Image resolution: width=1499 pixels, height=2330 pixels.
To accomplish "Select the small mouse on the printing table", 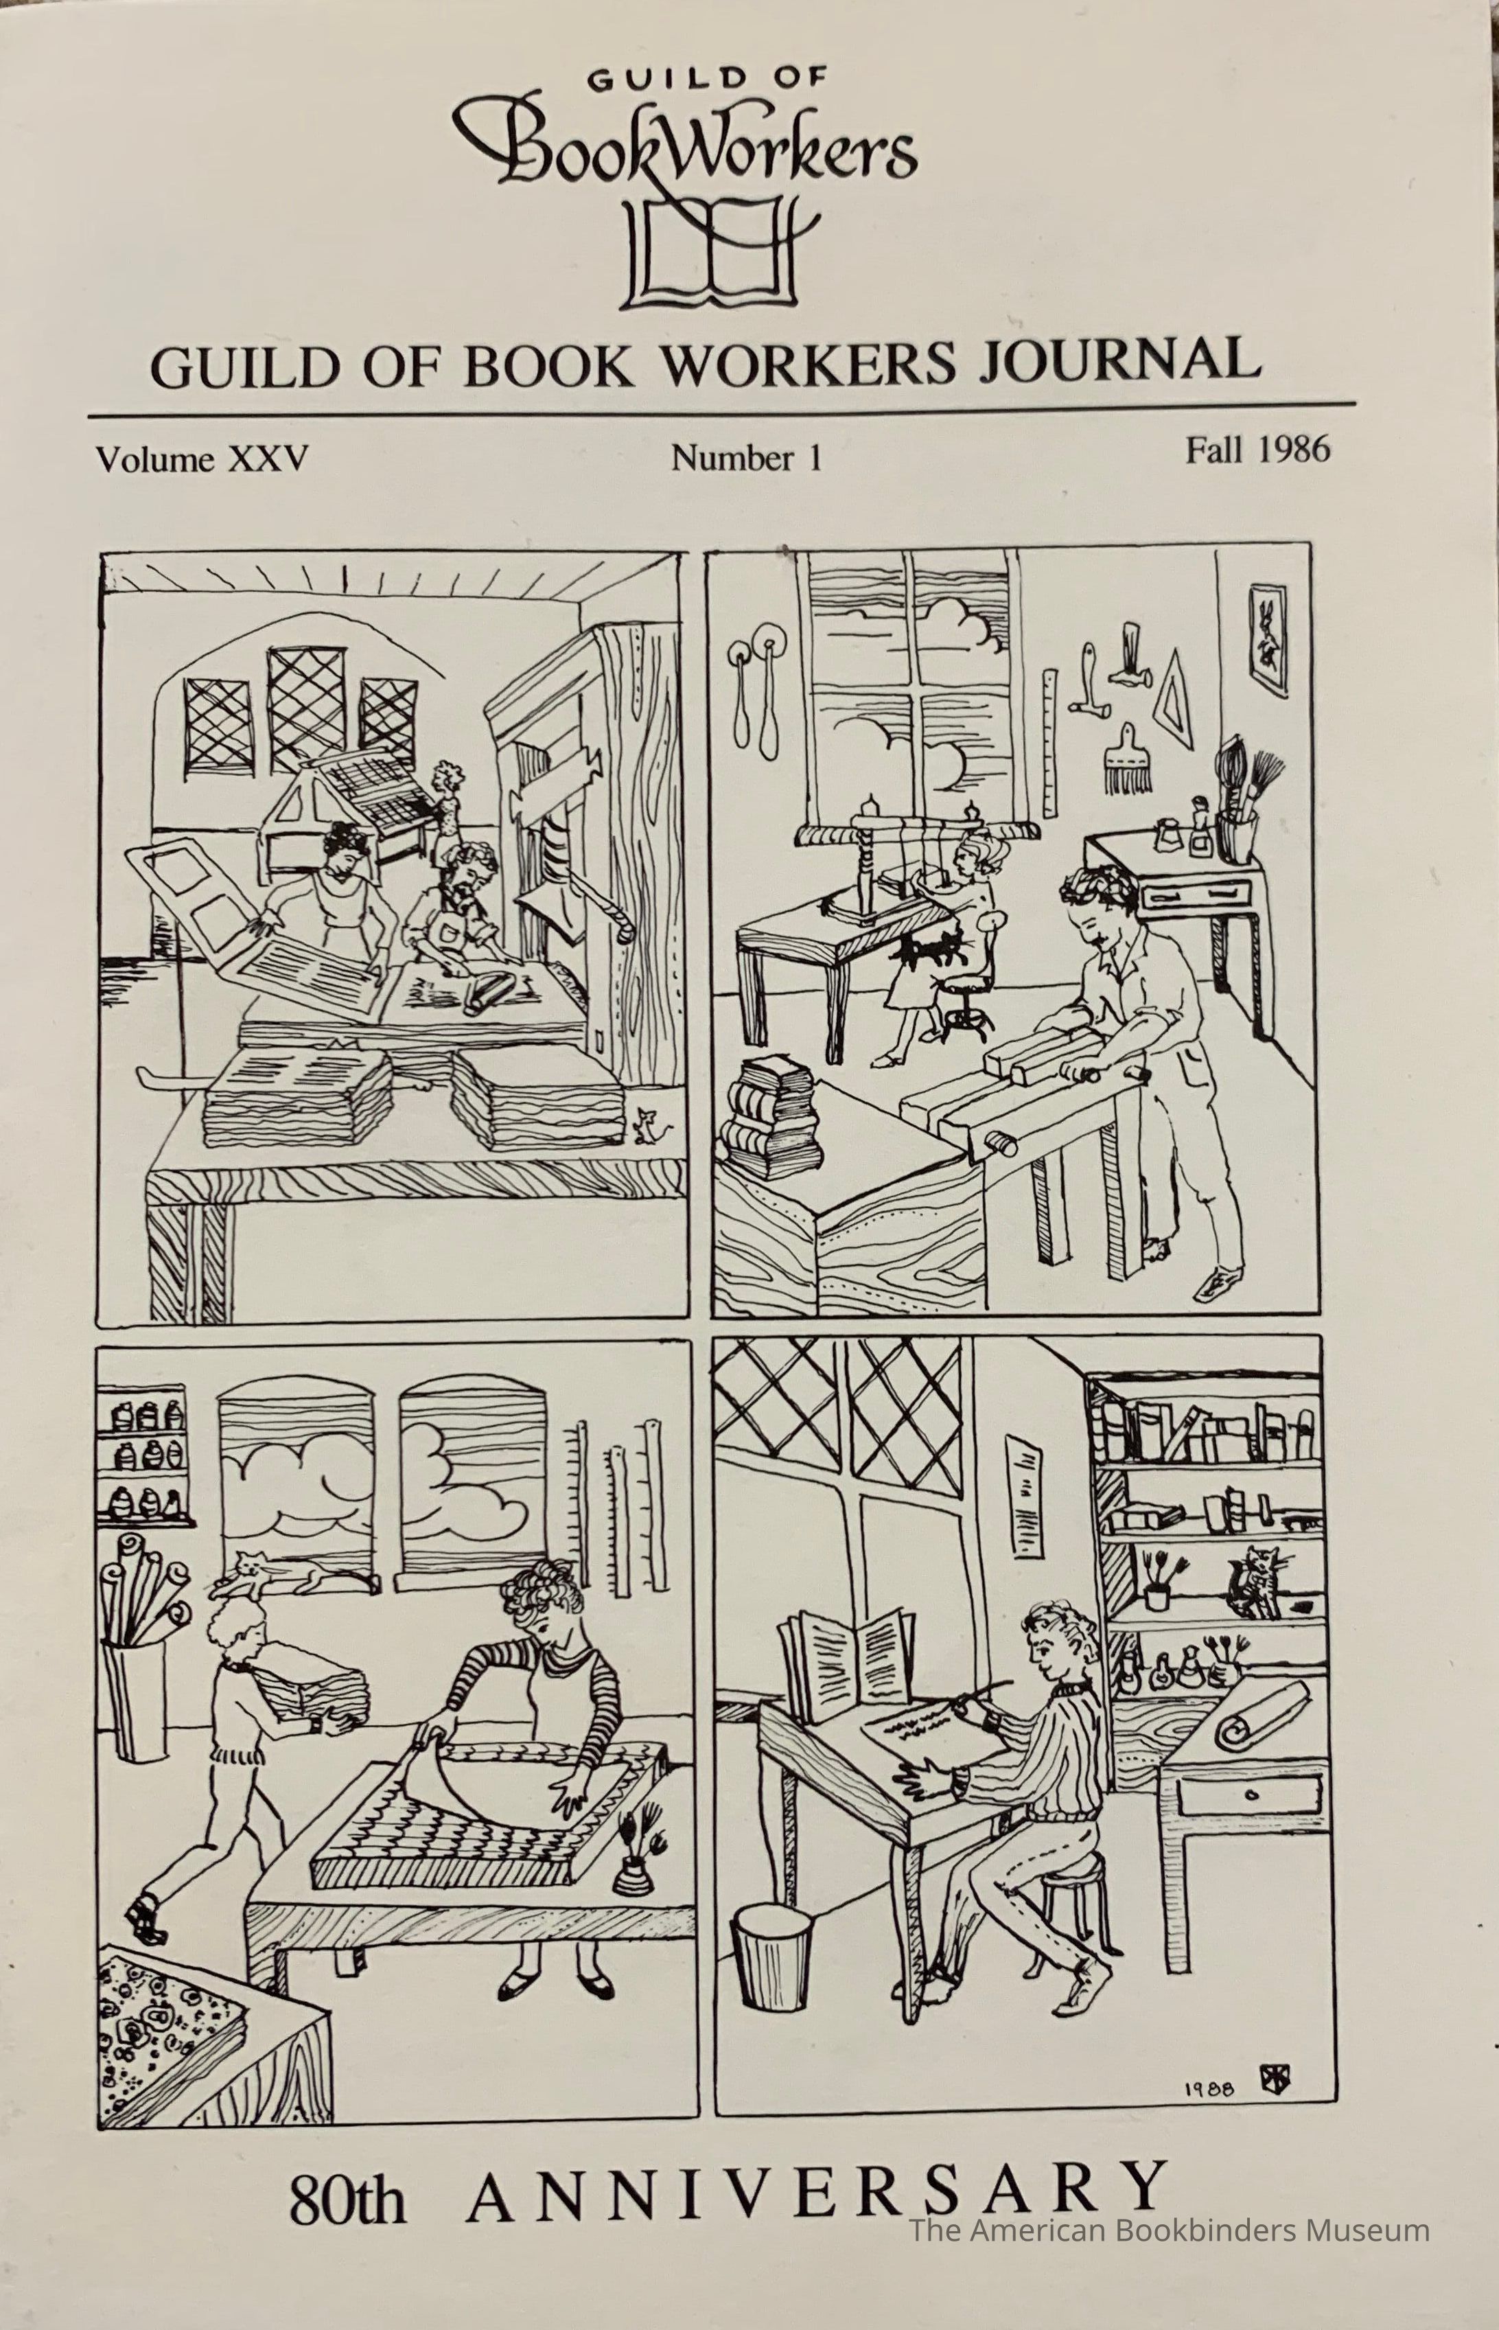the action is (644, 1127).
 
